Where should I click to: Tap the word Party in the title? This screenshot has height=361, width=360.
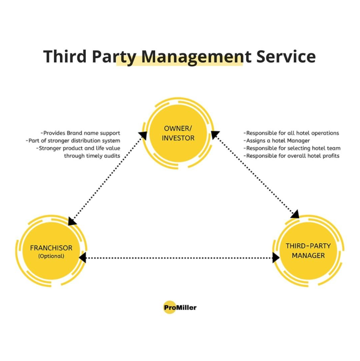click(113, 57)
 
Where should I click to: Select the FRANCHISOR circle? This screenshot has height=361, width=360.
click(51, 252)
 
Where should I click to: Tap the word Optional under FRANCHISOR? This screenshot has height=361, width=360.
click(51, 256)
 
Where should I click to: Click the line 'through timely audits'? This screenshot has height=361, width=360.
click(92, 156)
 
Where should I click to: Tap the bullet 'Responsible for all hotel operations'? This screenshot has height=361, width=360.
click(291, 133)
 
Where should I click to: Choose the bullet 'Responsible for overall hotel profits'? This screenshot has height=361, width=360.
click(291, 156)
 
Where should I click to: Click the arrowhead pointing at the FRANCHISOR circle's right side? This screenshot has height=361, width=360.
click(82, 257)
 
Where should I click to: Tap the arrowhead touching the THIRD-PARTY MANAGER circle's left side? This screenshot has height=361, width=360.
click(276, 257)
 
